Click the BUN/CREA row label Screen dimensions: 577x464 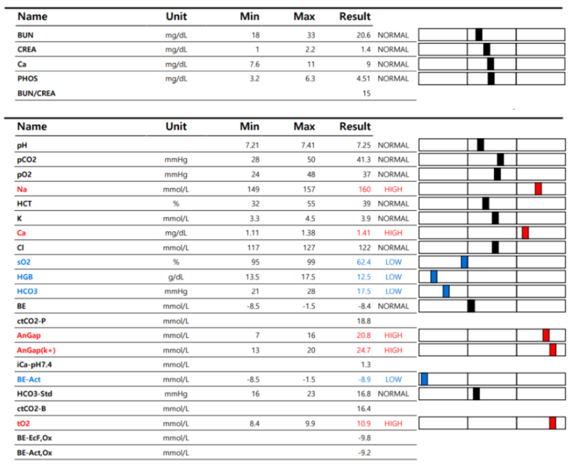pos(36,93)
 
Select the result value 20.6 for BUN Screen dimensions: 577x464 pos(363,35)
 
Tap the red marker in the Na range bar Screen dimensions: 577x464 pos(538,189)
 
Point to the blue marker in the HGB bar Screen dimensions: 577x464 pos(434,276)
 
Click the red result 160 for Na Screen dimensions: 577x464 pos(364,189)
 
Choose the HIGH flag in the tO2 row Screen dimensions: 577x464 pos(393,423)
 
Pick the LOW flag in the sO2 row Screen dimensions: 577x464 pos(393,262)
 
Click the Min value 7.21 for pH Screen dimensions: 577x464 pos(252,145)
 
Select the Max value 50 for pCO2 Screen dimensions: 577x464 pos(311,160)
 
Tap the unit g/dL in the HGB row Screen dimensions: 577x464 pos(176,277)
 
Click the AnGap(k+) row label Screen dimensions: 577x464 pos(36,350)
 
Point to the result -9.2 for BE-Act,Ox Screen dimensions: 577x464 pos(364,452)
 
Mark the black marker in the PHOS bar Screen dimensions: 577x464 pos(491,78)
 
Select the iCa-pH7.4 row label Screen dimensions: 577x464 pos(35,365)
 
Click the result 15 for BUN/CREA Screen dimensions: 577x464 pos(366,93)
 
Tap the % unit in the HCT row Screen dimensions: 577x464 pos(176,204)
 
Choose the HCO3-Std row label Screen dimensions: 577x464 pos(35,394)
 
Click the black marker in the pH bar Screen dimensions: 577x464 pos(480,145)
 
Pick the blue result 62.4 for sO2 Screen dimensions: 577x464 pos(363,262)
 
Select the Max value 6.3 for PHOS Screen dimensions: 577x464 pos(310,79)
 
